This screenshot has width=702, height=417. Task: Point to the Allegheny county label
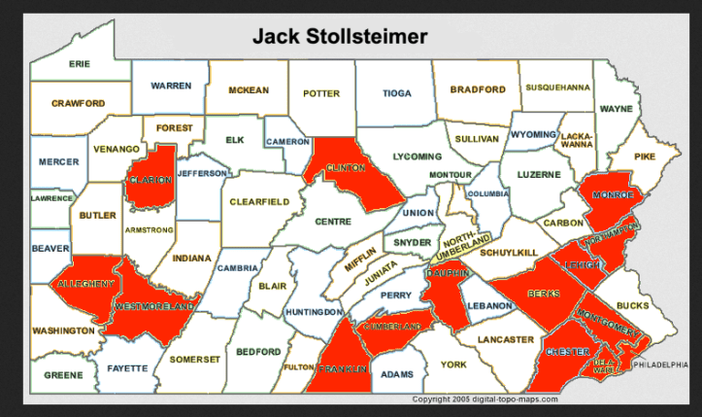pyautogui.click(x=84, y=283)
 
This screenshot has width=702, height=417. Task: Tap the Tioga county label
pyautogui.click(x=398, y=94)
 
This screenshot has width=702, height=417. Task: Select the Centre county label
pyautogui.click(x=332, y=222)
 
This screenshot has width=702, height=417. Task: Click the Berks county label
pyautogui.click(x=543, y=293)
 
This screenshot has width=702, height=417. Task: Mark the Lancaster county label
pyautogui.click(x=506, y=339)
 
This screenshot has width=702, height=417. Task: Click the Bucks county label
pyautogui.click(x=632, y=305)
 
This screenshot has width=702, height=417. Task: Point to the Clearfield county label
pyautogui.click(x=259, y=202)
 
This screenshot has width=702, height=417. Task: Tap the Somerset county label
pyautogui.click(x=195, y=358)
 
